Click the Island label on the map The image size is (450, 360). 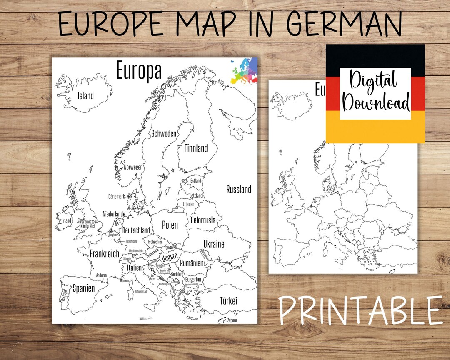(x=86, y=96)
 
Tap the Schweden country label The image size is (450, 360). (x=164, y=134)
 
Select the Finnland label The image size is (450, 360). (x=195, y=148)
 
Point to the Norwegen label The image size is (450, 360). (x=133, y=167)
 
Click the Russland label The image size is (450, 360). (x=239, y=189)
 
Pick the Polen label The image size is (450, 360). (x=170, y=225)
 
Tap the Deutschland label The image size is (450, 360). (x=136, y=230)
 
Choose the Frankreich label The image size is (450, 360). (x=104, y=253)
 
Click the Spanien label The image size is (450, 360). (x=84, y=288)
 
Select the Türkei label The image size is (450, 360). (x=228, y=300)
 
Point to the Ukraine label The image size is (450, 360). (x=214, y=244)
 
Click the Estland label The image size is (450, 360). (x=195, y=181)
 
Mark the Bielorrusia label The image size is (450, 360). (x=202, y=220)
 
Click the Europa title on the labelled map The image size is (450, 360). (x=139, y=70)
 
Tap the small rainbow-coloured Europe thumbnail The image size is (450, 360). (x=243, y=71)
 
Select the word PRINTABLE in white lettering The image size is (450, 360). (x=361, y=311)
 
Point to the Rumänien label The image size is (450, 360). (x=192, y=263)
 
